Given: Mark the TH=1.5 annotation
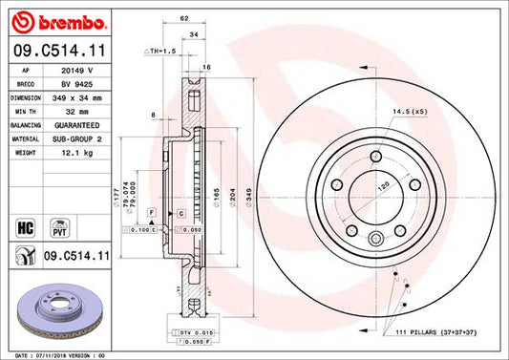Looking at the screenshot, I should pyautogui.click(x=161, y=50).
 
